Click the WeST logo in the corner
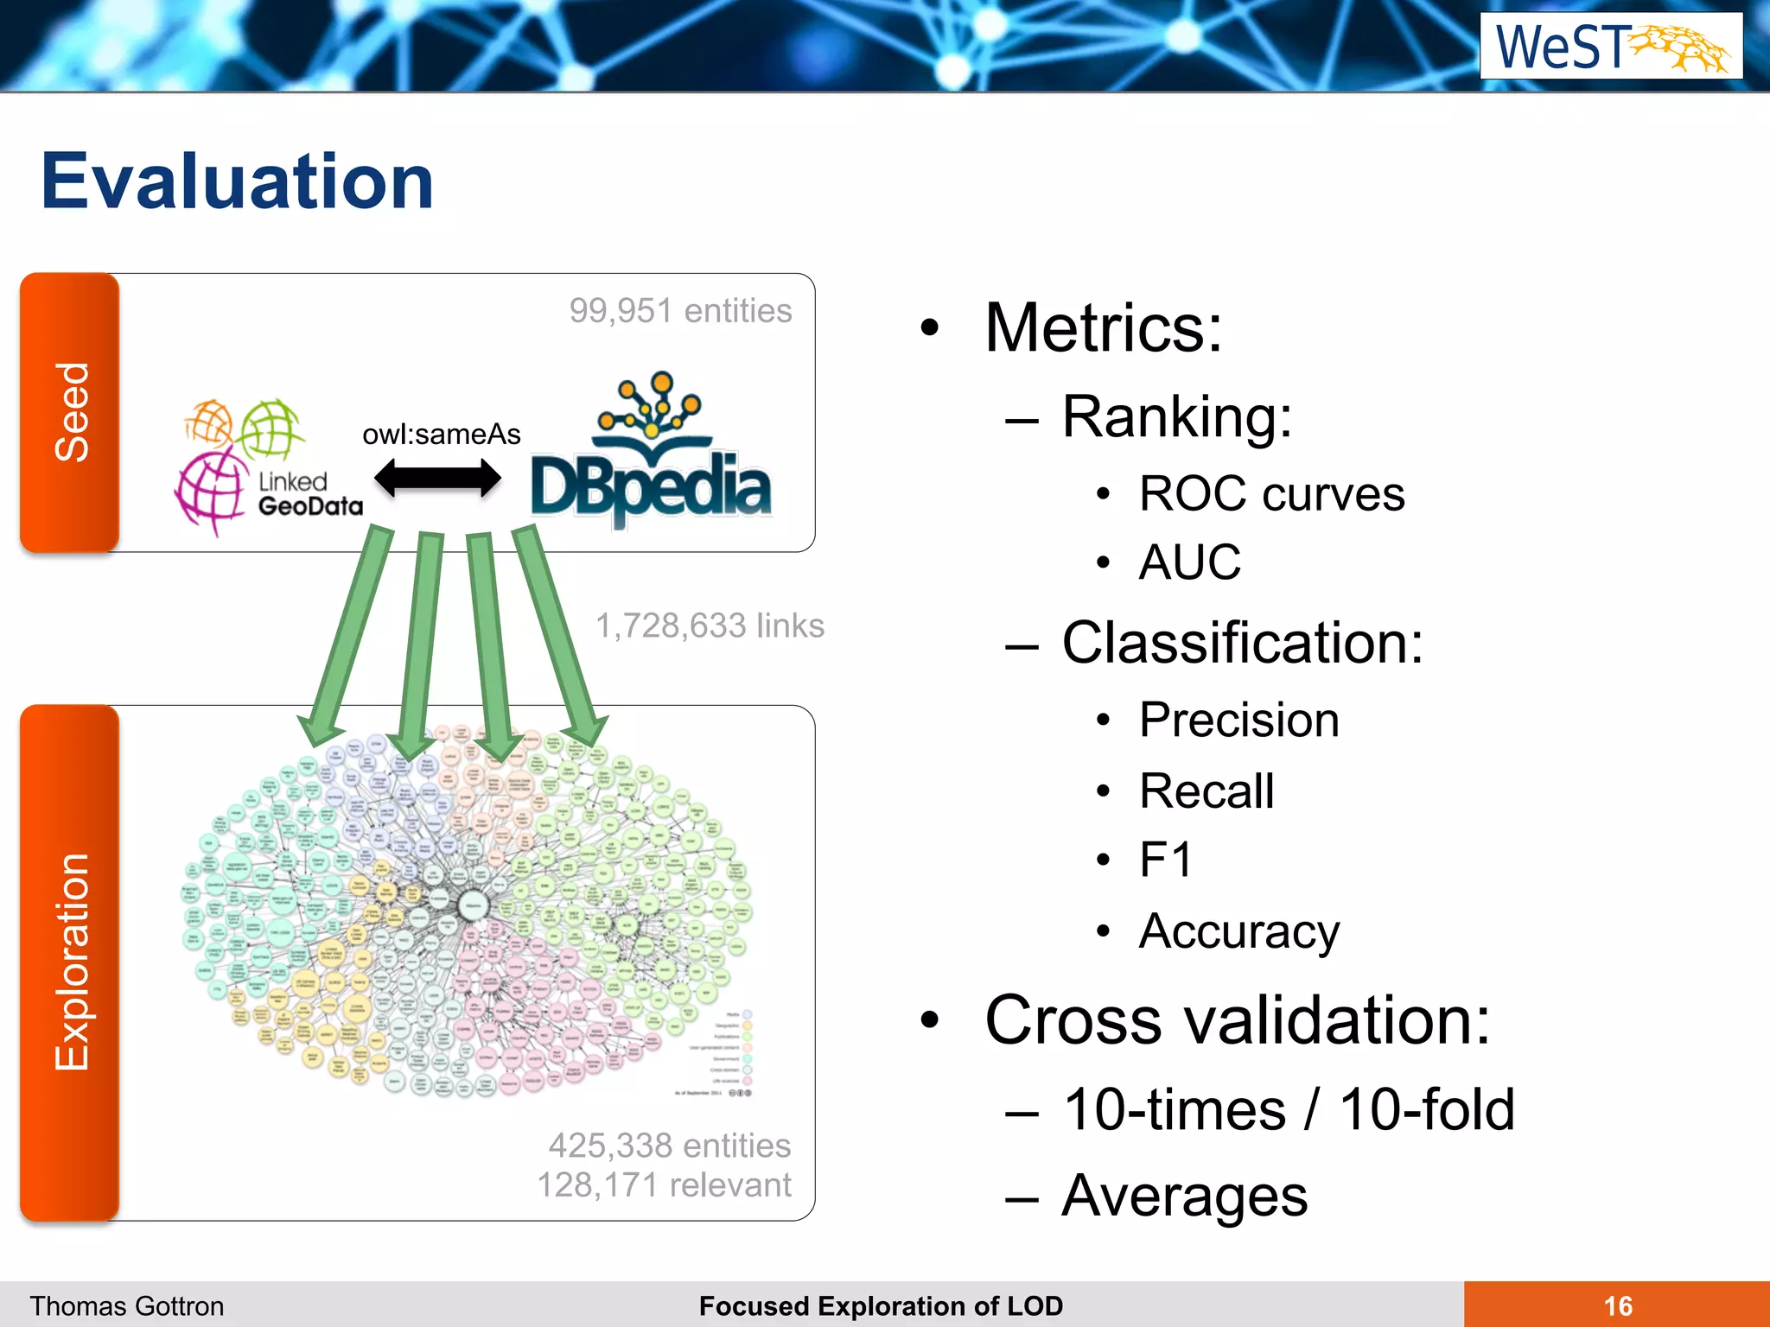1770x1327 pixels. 1610,46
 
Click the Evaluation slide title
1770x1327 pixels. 237,181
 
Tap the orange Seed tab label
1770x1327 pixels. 70,412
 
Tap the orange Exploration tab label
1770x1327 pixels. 70,962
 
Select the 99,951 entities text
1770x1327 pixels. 679,311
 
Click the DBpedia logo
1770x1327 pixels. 650,454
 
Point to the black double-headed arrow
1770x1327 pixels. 437,478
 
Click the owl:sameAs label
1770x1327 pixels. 441,434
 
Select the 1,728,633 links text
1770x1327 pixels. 710,625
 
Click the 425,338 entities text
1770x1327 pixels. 669,1146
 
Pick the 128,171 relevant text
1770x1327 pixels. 664,1185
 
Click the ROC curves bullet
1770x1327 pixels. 1271,494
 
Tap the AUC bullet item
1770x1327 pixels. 1189,562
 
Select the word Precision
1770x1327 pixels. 1238,720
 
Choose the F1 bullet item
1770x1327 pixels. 1165,860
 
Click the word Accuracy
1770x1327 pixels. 1238,931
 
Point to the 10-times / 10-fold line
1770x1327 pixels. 1288,1109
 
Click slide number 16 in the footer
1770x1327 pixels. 1617,1305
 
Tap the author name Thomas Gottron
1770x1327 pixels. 127,1305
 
